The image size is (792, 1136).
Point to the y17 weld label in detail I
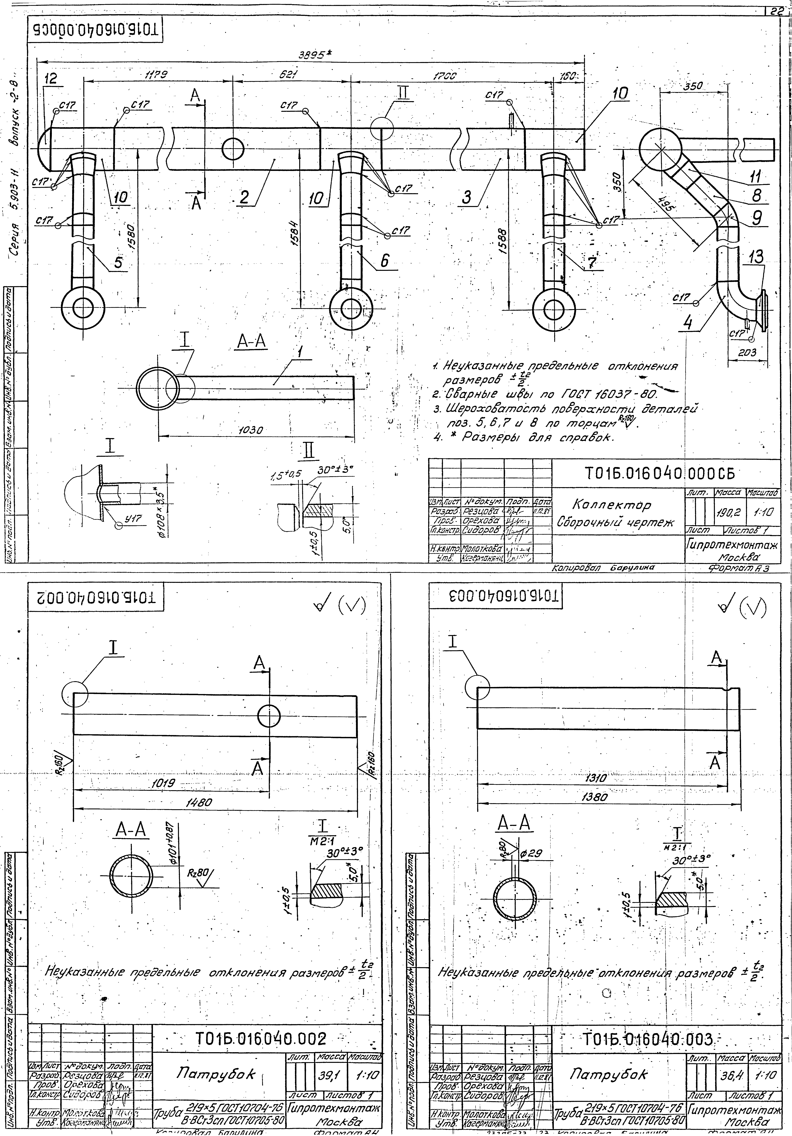133,518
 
